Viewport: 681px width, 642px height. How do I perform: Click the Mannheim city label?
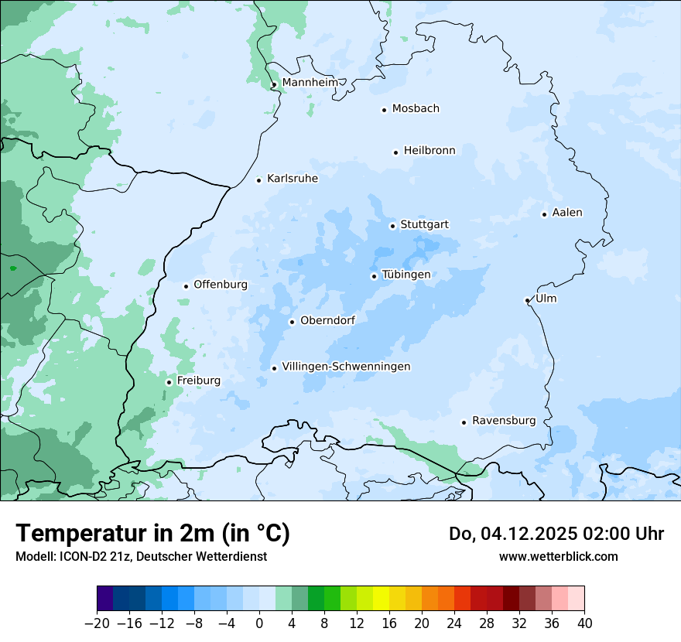(x=310, y=83)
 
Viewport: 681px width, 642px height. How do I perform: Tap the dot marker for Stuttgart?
(x=392, y=226)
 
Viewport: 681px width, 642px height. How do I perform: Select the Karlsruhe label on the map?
(x=292, y=179)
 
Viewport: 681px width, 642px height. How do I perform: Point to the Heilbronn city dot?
(x=395, y=152)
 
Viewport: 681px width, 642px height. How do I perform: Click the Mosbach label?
(x=416, y=109)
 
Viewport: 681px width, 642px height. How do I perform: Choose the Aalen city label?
(x=567, y=213)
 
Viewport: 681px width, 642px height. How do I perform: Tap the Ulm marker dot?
(x=527, y=300)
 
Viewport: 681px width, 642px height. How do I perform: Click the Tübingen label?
(x=406, y=275)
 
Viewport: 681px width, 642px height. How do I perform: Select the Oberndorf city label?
(x=327, y=320)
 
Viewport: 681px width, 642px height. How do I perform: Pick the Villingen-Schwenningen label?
(x=346, y=367)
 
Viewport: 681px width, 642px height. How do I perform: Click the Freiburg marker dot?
(x=169, y=382)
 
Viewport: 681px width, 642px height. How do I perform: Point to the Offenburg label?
(x=221, y=285)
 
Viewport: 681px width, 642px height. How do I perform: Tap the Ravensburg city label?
(x=503, y=421)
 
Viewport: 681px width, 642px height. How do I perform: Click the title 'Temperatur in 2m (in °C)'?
(x=152, y=534)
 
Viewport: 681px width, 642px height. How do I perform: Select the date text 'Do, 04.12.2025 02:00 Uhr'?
(x=556, y=534)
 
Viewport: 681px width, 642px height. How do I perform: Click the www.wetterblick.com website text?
(x=558, y=556)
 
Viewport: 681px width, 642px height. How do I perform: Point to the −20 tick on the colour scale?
(x=97, y=623)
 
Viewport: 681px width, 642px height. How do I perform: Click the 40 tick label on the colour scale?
(x=584, y=623)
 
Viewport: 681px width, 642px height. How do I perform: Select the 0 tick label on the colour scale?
(x=259, y=623)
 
